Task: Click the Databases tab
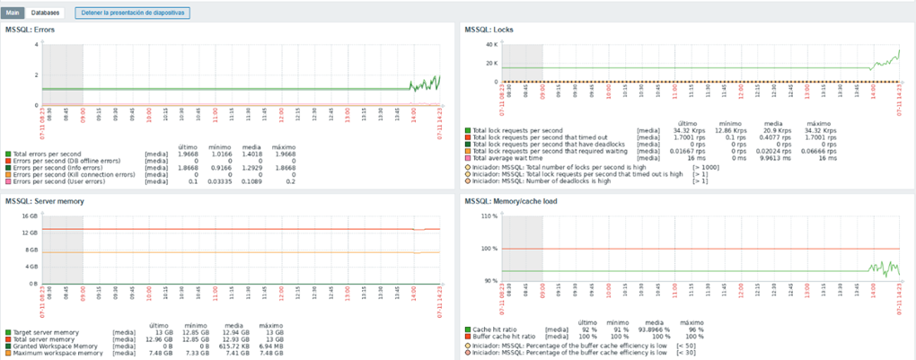[45, 13]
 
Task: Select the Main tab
[13, 13]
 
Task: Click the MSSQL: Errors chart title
[30, 31]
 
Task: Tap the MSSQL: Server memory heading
[45, 200]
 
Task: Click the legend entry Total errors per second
[46, 154]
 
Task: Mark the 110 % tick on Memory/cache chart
[489, 215]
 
